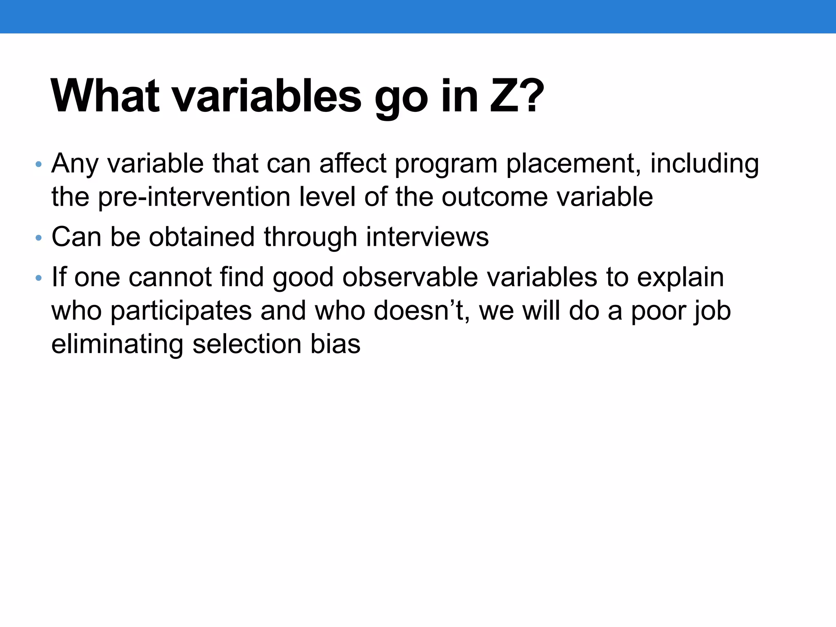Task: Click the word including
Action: point(705,164)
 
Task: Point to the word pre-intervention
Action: point(194,198)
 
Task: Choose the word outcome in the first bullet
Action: point(495,198)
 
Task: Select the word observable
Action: point(410,278)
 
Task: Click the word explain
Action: point(680,278)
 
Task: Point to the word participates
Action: point(181,311)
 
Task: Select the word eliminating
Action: point(117,344)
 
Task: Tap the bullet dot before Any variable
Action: point(38,165)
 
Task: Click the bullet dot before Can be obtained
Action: point(38,238)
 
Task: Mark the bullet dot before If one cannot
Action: point(38,278)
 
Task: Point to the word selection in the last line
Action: point(247,344)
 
